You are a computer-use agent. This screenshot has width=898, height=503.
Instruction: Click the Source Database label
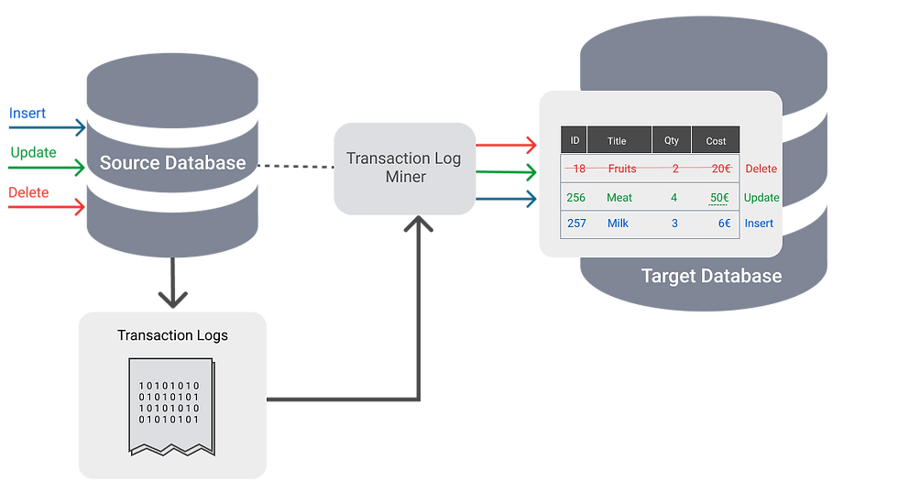172,163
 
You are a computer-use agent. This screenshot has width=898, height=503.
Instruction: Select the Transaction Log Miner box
405,168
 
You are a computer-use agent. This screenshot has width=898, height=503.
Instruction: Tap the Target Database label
711,276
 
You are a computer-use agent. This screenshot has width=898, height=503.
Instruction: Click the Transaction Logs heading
172,335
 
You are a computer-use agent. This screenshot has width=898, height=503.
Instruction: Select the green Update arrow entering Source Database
46,167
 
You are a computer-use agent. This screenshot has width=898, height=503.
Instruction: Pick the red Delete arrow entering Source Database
46,207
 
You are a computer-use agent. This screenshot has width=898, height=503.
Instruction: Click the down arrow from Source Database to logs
172,284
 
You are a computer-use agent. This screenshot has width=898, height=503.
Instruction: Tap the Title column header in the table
617,141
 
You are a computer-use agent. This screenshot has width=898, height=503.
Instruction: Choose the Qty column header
672,141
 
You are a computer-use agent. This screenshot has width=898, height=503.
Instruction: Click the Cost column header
716,141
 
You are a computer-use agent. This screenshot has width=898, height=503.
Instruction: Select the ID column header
575,141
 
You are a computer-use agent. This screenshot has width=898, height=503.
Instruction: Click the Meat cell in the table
619,198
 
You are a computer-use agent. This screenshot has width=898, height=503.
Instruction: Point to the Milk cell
618,224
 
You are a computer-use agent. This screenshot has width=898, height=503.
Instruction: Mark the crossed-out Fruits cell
622,169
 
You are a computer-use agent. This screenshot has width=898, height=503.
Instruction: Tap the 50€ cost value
719,198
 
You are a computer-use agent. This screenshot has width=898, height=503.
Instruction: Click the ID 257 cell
576,224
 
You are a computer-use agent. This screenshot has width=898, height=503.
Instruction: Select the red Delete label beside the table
761,169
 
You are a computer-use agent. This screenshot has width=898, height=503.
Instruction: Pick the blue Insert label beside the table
759,224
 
